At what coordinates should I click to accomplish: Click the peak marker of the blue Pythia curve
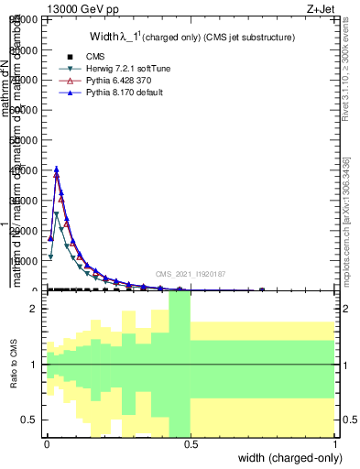point(57,169)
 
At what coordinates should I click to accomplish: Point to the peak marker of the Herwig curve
point(57,214)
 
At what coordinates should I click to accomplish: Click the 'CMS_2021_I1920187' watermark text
point(191,273)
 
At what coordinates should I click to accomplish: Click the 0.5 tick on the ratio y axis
point(33,419)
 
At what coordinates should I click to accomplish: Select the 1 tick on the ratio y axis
point(37,365)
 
